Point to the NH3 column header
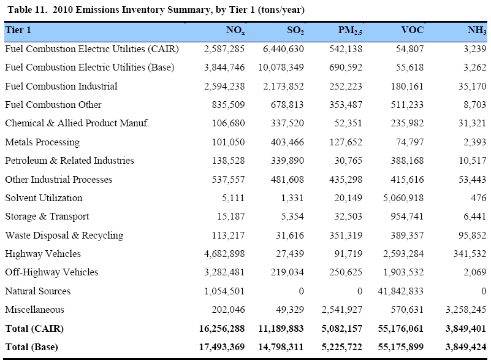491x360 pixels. pos(476,30)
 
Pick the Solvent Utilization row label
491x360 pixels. pos(44,198)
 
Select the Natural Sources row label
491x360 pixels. pos(37,291)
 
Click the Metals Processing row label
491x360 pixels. pos(42,142)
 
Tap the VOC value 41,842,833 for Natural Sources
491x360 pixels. pos(397,291)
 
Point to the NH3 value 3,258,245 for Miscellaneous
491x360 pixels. pos(465,310)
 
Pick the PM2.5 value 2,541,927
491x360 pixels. pos(341,310)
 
